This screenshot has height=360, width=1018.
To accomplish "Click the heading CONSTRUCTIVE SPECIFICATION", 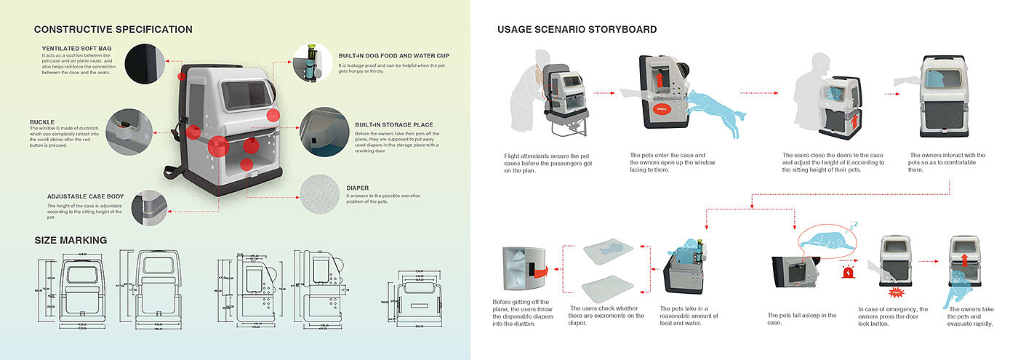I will (x=113, y=30).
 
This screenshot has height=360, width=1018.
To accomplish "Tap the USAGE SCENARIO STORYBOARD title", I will (x=577, y=30).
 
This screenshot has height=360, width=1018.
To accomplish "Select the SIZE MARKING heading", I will (x=71, y=240).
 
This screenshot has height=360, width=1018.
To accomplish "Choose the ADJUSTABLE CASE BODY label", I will (x=85, y=196).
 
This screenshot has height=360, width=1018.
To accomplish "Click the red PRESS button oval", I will (x=661, y=110).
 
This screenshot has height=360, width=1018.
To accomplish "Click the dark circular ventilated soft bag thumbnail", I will (x=145, y=63).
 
